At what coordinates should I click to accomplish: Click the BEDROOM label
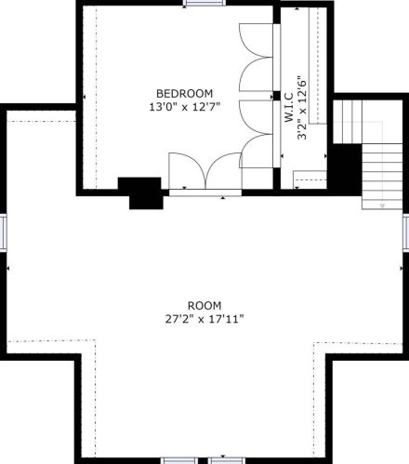pyautogui.click(x=184, y=93)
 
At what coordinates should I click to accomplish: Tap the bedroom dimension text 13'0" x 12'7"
pyautogui.click(x=185, y=107)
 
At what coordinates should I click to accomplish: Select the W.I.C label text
pyautogui.click(x=289, y=107)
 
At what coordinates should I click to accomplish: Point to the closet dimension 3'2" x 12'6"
pyautogui.click(x=302, y=108)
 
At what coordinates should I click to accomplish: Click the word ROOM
pyautogui.click(x=204, y=306)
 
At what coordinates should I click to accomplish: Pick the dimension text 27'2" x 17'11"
pyautogui.click(x=204, y=319)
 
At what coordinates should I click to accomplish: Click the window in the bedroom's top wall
pyautogui.click(x=204, y=3)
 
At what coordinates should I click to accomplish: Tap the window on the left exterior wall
pyautogui.click(x=3, y=232)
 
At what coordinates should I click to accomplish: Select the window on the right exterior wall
pyautogui.click(x=406, y=231)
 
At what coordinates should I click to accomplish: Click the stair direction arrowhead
pyautogui.click(x=382, y=205)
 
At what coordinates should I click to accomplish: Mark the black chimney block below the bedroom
pyautogui.click(x=142, y=192)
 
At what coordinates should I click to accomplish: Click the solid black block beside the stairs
pyautogui.click(x=345, y=169)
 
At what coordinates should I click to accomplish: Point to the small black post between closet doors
pyautogui.click(x=276, y=96)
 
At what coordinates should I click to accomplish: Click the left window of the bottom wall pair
pyautogui.click(x=180, y=460)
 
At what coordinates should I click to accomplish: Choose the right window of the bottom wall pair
pyautogui.click(x=226, y=460)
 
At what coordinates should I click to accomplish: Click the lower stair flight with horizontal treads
pyautogui.click(x=382, y=176)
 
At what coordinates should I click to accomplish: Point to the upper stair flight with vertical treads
pyautogui.click(x=348, y=122)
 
